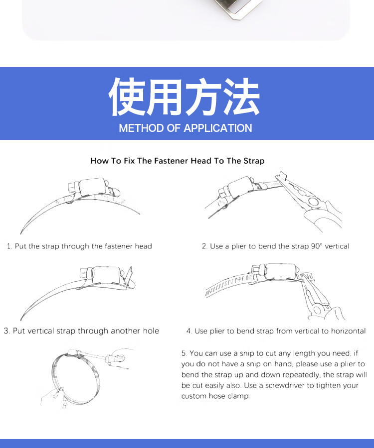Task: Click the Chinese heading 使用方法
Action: coord(184,97)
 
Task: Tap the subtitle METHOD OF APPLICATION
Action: coord(186,128)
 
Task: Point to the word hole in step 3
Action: coord(151,331)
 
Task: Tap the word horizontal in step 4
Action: coord(348,331)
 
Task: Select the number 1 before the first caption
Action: coord(9,246)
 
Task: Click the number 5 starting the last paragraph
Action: coord(184,353)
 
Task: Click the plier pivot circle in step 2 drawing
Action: coord(313,202)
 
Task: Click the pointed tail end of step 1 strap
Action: coord(20,233)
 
